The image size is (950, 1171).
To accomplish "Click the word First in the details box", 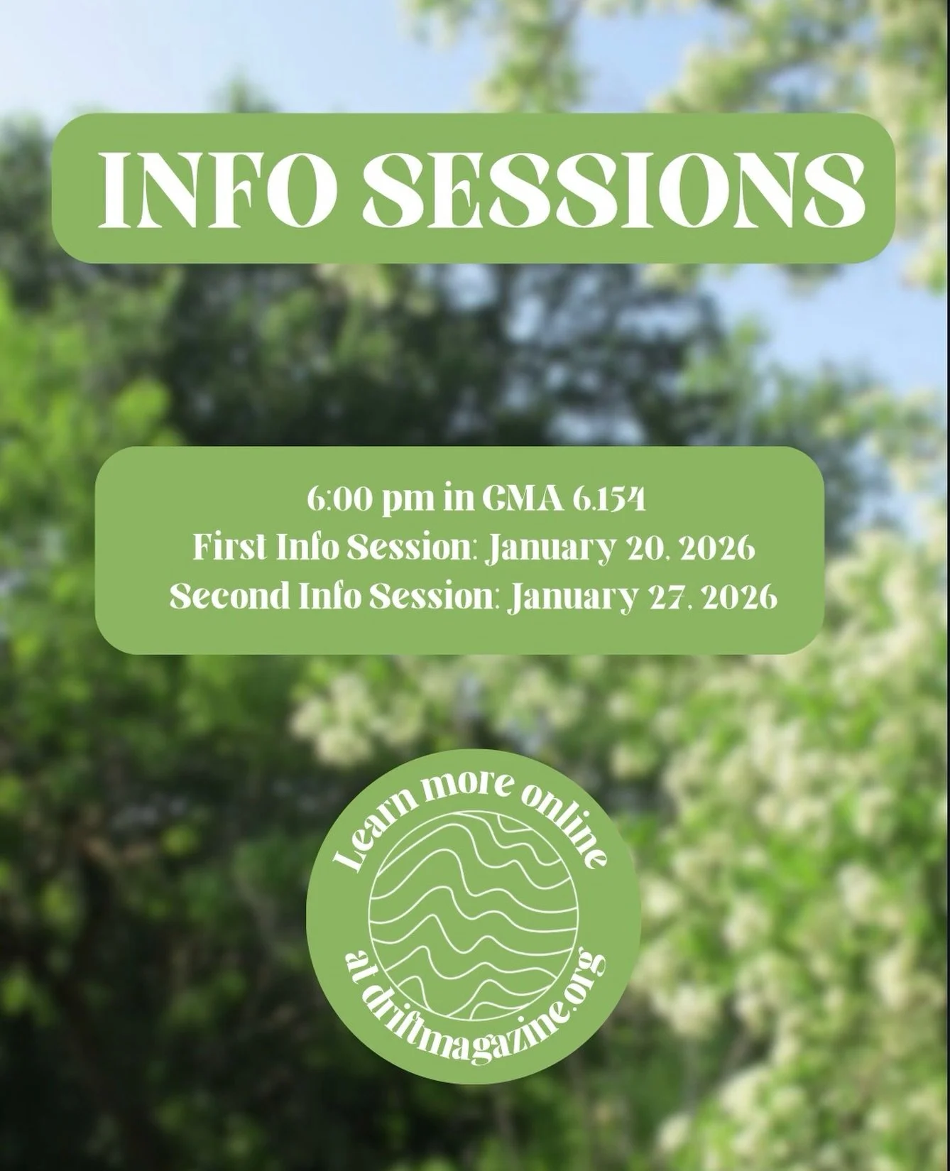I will point(226,549).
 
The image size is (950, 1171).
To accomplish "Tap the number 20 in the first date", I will point(640,549).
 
